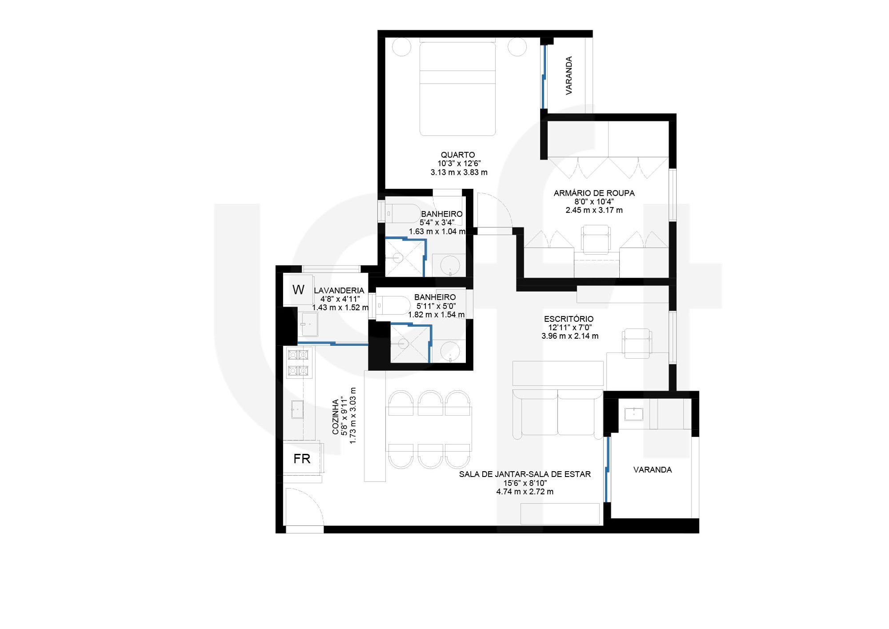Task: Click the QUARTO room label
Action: [458, 155]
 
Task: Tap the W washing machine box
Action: [298, 290]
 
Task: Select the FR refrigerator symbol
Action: [302, 459]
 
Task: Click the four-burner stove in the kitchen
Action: [298, 362]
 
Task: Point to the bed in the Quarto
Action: [457, 89]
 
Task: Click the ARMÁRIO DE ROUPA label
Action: [594, 193]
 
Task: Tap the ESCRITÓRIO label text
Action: [569, 319]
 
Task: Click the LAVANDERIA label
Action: [339, 290]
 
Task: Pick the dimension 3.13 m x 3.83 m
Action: [459, 172]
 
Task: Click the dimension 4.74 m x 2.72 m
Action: [525, 492]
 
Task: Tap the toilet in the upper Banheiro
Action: [402, 213]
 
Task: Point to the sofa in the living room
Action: [557, 413]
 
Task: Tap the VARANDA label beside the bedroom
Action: [569, 75]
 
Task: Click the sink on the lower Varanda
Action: [633, 414]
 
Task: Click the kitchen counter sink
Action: [297, 409]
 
